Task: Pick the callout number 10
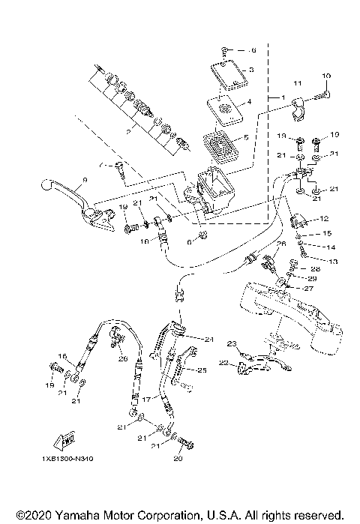325,76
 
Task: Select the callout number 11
296,82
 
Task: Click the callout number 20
177,459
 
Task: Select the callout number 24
208,340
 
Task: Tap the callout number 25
201,370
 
